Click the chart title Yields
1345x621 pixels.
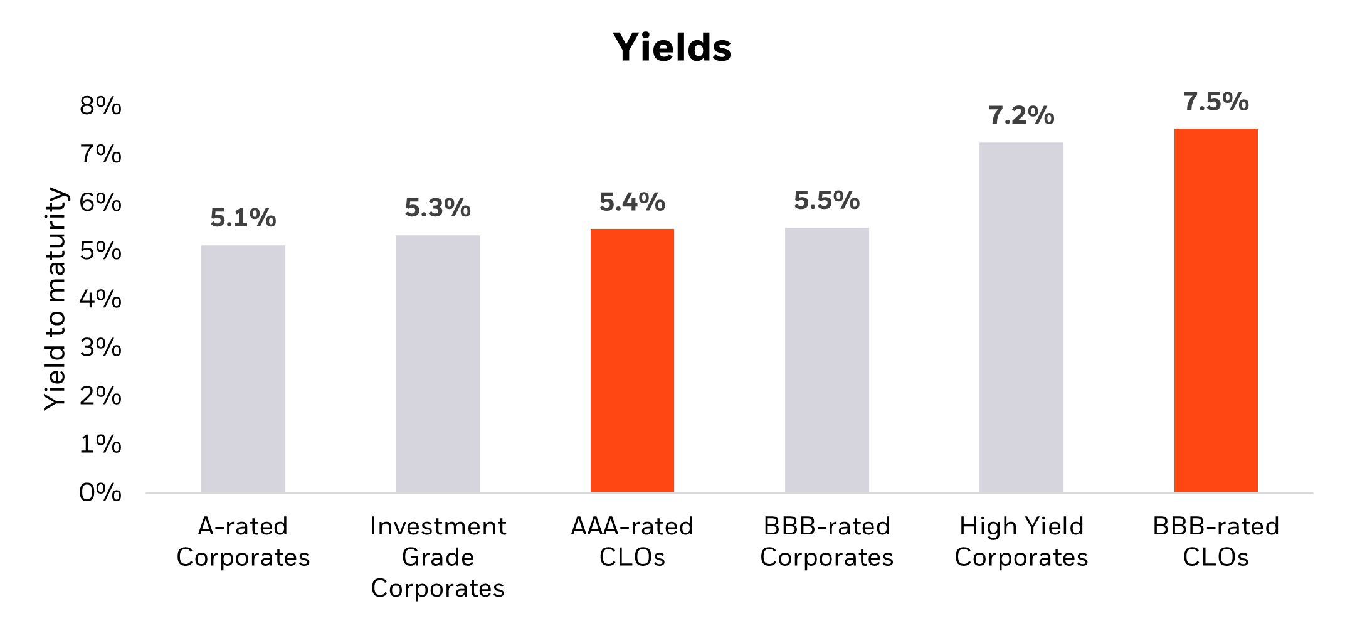672,48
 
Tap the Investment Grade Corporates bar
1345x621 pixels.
438,364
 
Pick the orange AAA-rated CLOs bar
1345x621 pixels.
632,361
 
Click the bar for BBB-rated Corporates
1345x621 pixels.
826,360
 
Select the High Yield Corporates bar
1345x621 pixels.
1021,317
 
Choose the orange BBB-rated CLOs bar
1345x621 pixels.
1216,310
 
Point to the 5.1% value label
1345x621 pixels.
243,218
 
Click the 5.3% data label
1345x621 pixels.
438,208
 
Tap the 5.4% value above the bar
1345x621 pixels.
632,202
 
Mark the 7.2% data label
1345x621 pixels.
1021,115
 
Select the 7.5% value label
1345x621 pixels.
1216,102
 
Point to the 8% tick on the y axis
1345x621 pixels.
100,105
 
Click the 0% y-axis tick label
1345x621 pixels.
100,492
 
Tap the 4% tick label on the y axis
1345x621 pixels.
100,299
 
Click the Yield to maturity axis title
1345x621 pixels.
55,299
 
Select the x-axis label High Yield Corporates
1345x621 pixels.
1021,541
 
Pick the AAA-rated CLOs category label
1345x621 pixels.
632,541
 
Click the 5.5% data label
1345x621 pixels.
826,201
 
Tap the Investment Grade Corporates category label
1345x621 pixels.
438,557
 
